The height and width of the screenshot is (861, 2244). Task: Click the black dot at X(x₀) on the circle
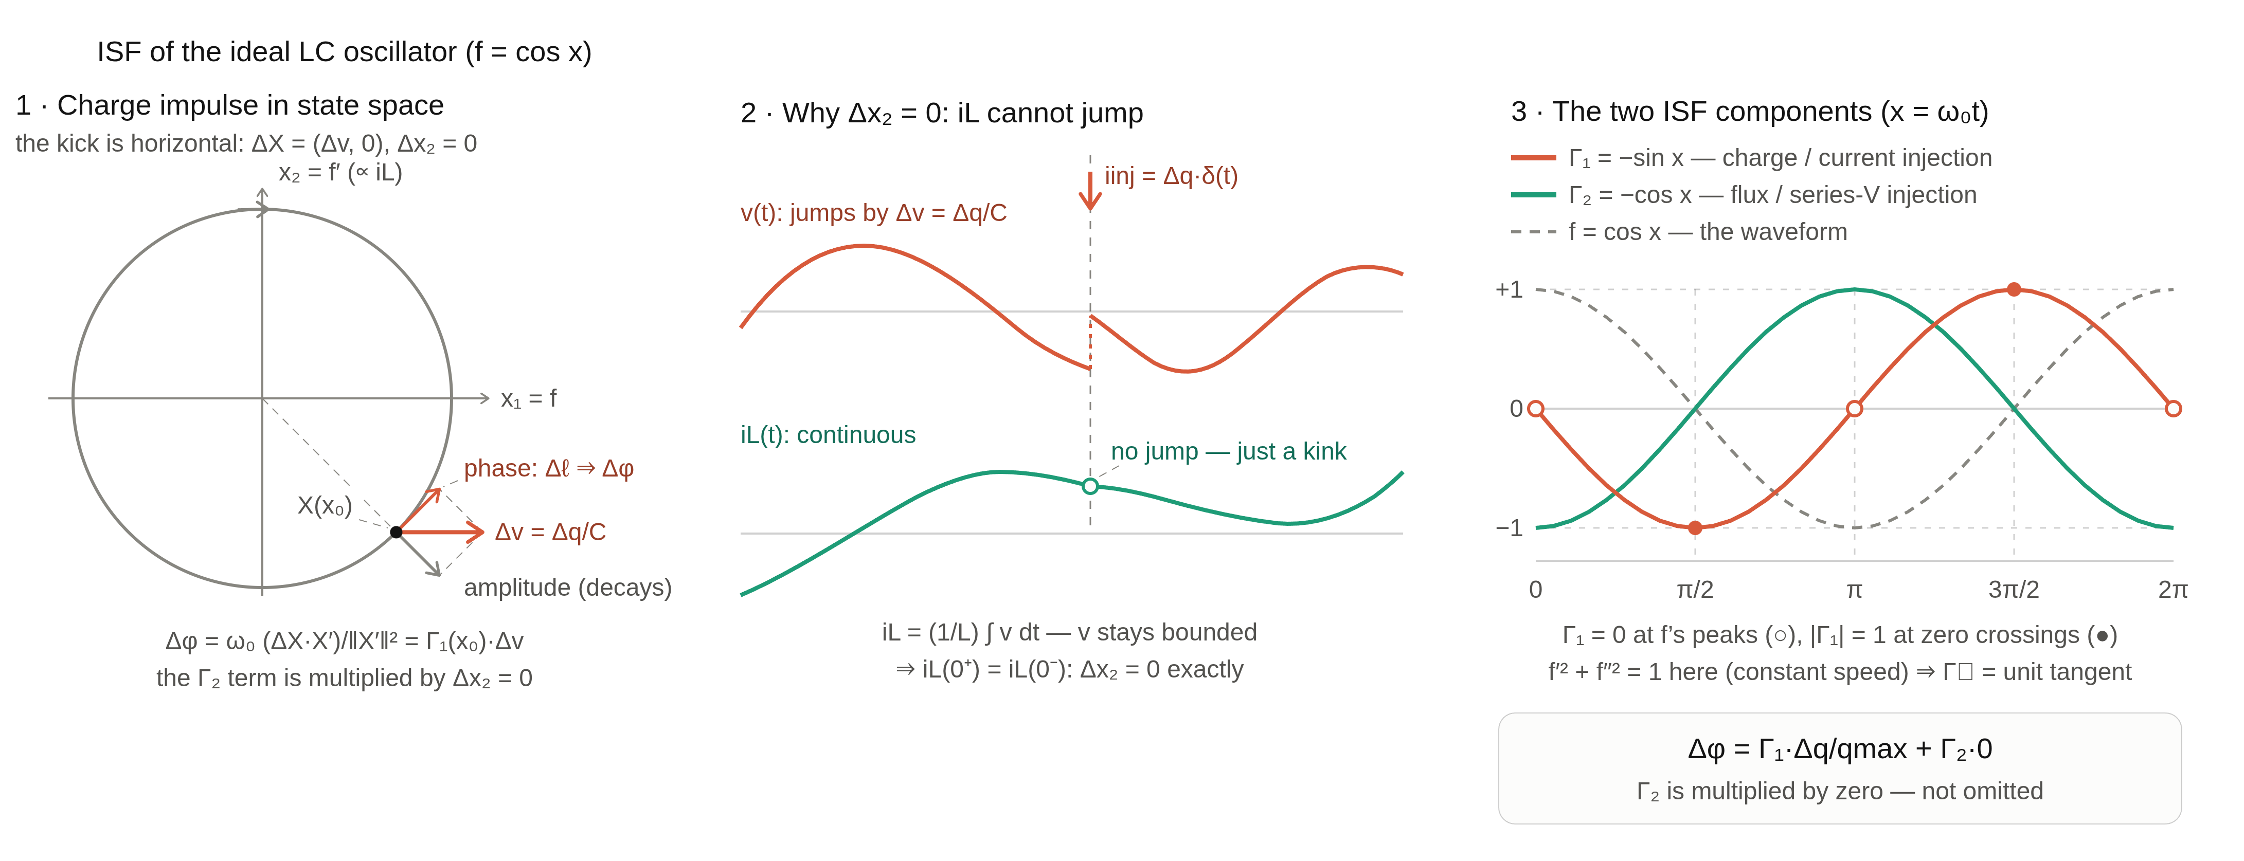(x=397, y=532)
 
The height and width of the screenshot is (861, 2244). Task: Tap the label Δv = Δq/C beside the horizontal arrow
(x=550, y=532)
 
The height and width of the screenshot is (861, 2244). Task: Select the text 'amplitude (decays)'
(x=568, y=588)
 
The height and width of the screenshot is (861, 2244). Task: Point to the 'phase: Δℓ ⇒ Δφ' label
(x=549, y=468)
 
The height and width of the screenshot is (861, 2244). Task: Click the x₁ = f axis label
(x=529, y=399)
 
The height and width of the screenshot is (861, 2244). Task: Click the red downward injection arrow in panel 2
(x=1090, y=191)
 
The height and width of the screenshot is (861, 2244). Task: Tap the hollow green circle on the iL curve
(x=1090, y=486)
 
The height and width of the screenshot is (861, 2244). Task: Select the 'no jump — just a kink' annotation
(x=1228, y=451)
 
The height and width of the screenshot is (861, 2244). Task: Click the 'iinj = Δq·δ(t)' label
(x=1171, y=176)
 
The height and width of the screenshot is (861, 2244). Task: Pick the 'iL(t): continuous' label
(x=828, y=434)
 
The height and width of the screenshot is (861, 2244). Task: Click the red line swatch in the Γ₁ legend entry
(x=1533, y=158)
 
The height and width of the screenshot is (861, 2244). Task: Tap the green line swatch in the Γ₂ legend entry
(x=1533, y=195)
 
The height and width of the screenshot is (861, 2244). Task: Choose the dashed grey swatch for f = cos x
(x=1533, y=232)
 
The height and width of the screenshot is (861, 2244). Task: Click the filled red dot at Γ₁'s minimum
(x=1695, y=527)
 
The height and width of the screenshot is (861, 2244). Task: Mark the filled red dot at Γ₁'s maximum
(x=2014, y=289)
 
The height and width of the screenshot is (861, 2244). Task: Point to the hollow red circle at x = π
(x=1855, y=408)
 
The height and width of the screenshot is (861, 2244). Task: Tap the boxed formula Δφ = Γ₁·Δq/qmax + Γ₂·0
(x=1840, y=749)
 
